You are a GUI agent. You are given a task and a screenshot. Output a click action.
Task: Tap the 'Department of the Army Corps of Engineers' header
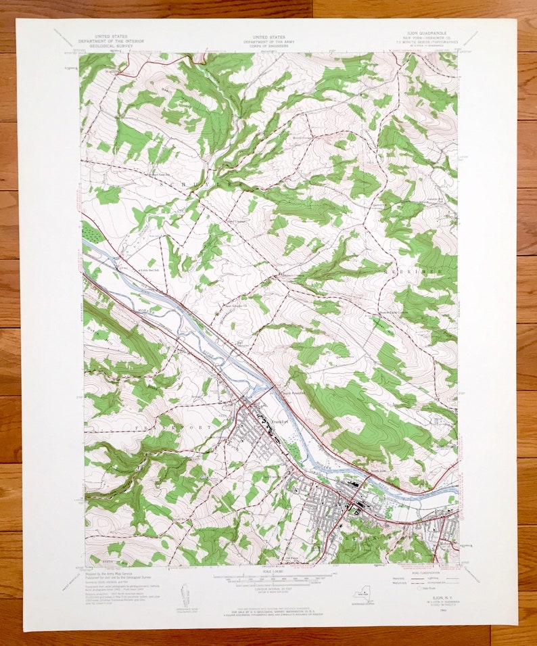tap(268, 41)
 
